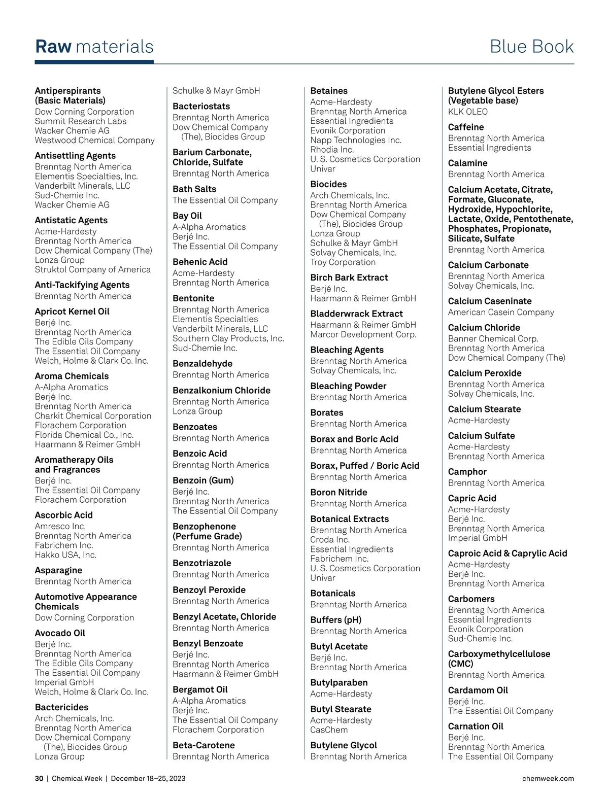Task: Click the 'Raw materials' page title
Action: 94,47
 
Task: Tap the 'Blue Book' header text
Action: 531,47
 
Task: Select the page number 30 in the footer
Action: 39,778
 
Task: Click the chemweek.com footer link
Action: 548,778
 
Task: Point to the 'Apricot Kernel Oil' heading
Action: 72,311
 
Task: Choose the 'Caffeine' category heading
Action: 466,127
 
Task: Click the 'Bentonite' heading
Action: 193,298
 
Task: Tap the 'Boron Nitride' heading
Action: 339,492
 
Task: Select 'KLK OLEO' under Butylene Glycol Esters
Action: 467,112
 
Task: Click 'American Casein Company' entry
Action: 501,313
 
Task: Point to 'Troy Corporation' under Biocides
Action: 343,262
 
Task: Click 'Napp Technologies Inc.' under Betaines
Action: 356,140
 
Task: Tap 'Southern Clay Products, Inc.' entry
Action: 228,338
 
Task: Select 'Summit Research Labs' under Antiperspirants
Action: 81,121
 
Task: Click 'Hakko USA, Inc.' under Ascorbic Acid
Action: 65,555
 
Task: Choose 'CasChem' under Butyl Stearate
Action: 329,730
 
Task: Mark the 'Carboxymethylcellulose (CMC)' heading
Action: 499,659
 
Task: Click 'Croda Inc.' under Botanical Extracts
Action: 330,540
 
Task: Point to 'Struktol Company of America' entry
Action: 92,269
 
